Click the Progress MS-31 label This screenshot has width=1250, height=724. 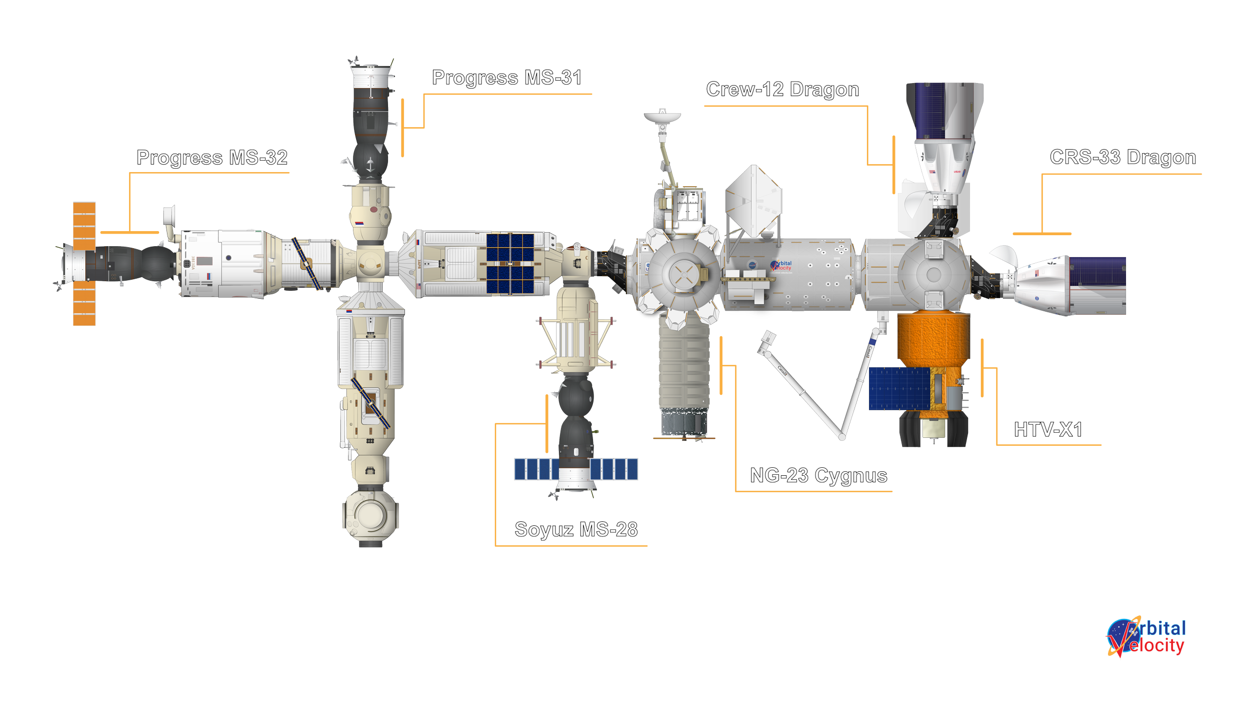coord(506,79)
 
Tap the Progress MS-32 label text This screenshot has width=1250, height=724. coord(212,158)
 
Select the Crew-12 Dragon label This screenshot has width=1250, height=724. coord(782,90)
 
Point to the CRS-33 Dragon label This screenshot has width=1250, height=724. coord(1122,158)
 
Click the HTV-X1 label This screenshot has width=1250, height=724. coord(1048,430)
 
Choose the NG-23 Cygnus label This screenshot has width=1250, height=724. coord(818,475)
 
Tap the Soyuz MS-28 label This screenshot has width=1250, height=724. coord(576,529)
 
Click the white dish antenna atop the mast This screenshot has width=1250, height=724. coord(662,117)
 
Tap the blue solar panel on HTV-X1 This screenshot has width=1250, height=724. coord(898,389)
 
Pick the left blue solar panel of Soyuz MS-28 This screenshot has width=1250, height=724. coord(536,469)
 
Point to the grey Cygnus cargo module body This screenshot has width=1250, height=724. coord(684,370)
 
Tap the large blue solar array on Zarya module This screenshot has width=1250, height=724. coord(510,263)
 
